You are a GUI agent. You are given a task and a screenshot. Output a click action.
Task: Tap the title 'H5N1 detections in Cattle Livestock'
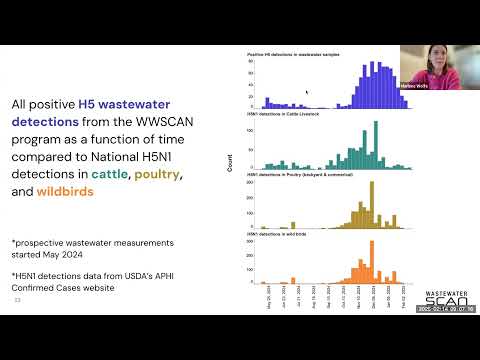[285, 115]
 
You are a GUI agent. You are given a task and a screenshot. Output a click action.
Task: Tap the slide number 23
[17, 299]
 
